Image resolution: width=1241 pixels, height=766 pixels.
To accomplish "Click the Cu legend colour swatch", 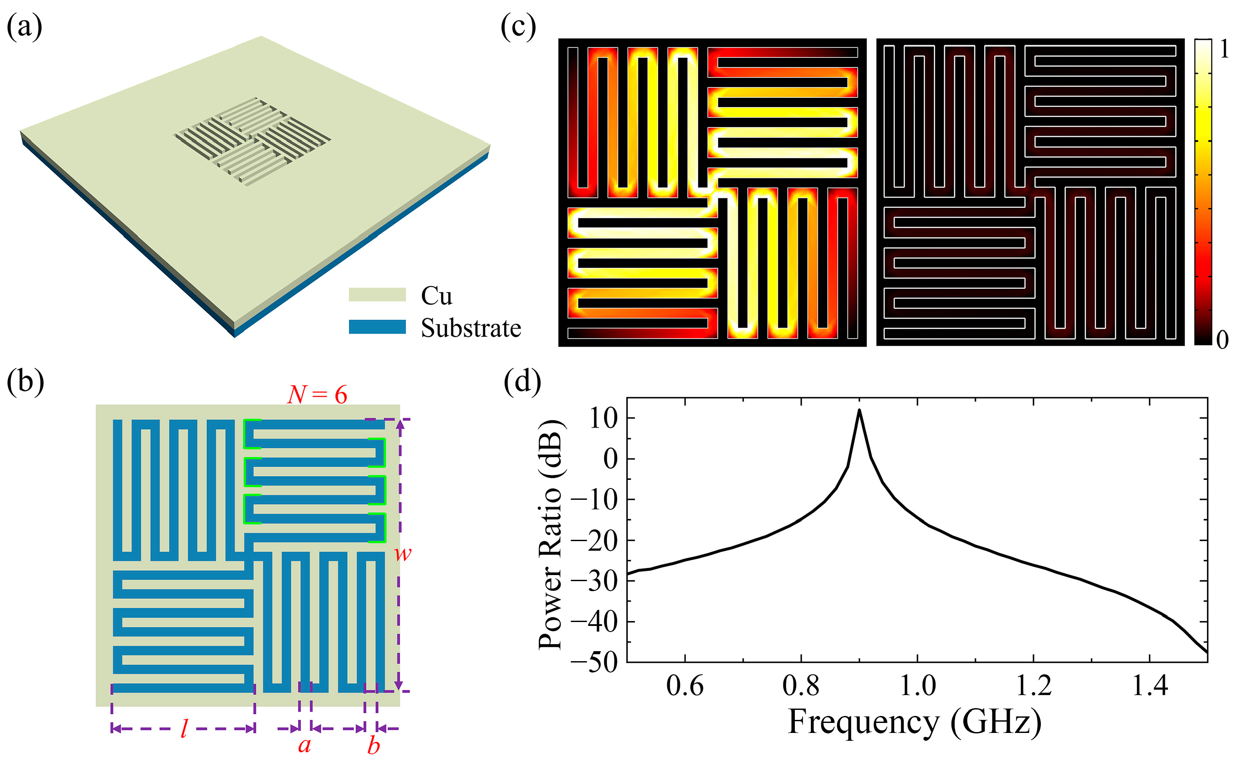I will [x=377, y=294].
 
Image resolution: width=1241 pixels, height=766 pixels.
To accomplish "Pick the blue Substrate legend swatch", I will [x=377, y=327].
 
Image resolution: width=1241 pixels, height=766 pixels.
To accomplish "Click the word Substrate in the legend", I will [x=471, y=328].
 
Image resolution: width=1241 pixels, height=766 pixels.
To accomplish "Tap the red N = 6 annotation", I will [x=317, y=395].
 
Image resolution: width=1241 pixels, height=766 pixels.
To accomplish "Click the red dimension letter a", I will [x=304, y=745].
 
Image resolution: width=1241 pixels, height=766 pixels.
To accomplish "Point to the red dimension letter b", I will [x=373, y=746].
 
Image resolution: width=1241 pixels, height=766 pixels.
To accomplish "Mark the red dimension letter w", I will [x=403, y=553].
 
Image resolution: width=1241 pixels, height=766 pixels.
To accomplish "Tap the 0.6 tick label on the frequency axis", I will [x=684, y=686].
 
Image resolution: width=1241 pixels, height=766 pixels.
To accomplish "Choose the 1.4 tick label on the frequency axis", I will [x=1149, y=686].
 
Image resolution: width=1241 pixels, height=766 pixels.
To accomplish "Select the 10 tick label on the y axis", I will [x=604, y=418].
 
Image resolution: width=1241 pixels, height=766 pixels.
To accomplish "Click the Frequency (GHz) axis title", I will [x=915, y=722].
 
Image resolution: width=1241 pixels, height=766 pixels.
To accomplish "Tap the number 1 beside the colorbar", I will [x=1224, y=50].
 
